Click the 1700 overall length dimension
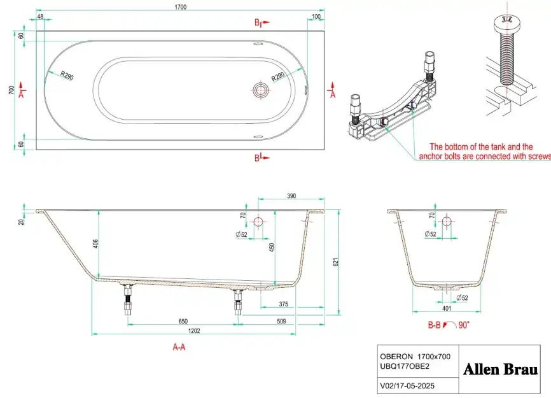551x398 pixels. (x=181, y=7)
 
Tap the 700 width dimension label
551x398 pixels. (x=11, y=90)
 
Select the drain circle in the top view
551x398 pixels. (x=260, y=90)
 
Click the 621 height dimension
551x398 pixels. (x=335, y=262)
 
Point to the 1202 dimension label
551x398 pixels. (x=194, y=331)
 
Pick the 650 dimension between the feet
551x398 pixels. (x=183, y=321)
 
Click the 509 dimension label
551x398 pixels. (x=281, y=321)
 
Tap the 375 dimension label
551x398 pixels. (x=284, y=304)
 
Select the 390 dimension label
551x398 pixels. (x=291, y=196)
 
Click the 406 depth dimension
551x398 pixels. (x=95, y=244)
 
